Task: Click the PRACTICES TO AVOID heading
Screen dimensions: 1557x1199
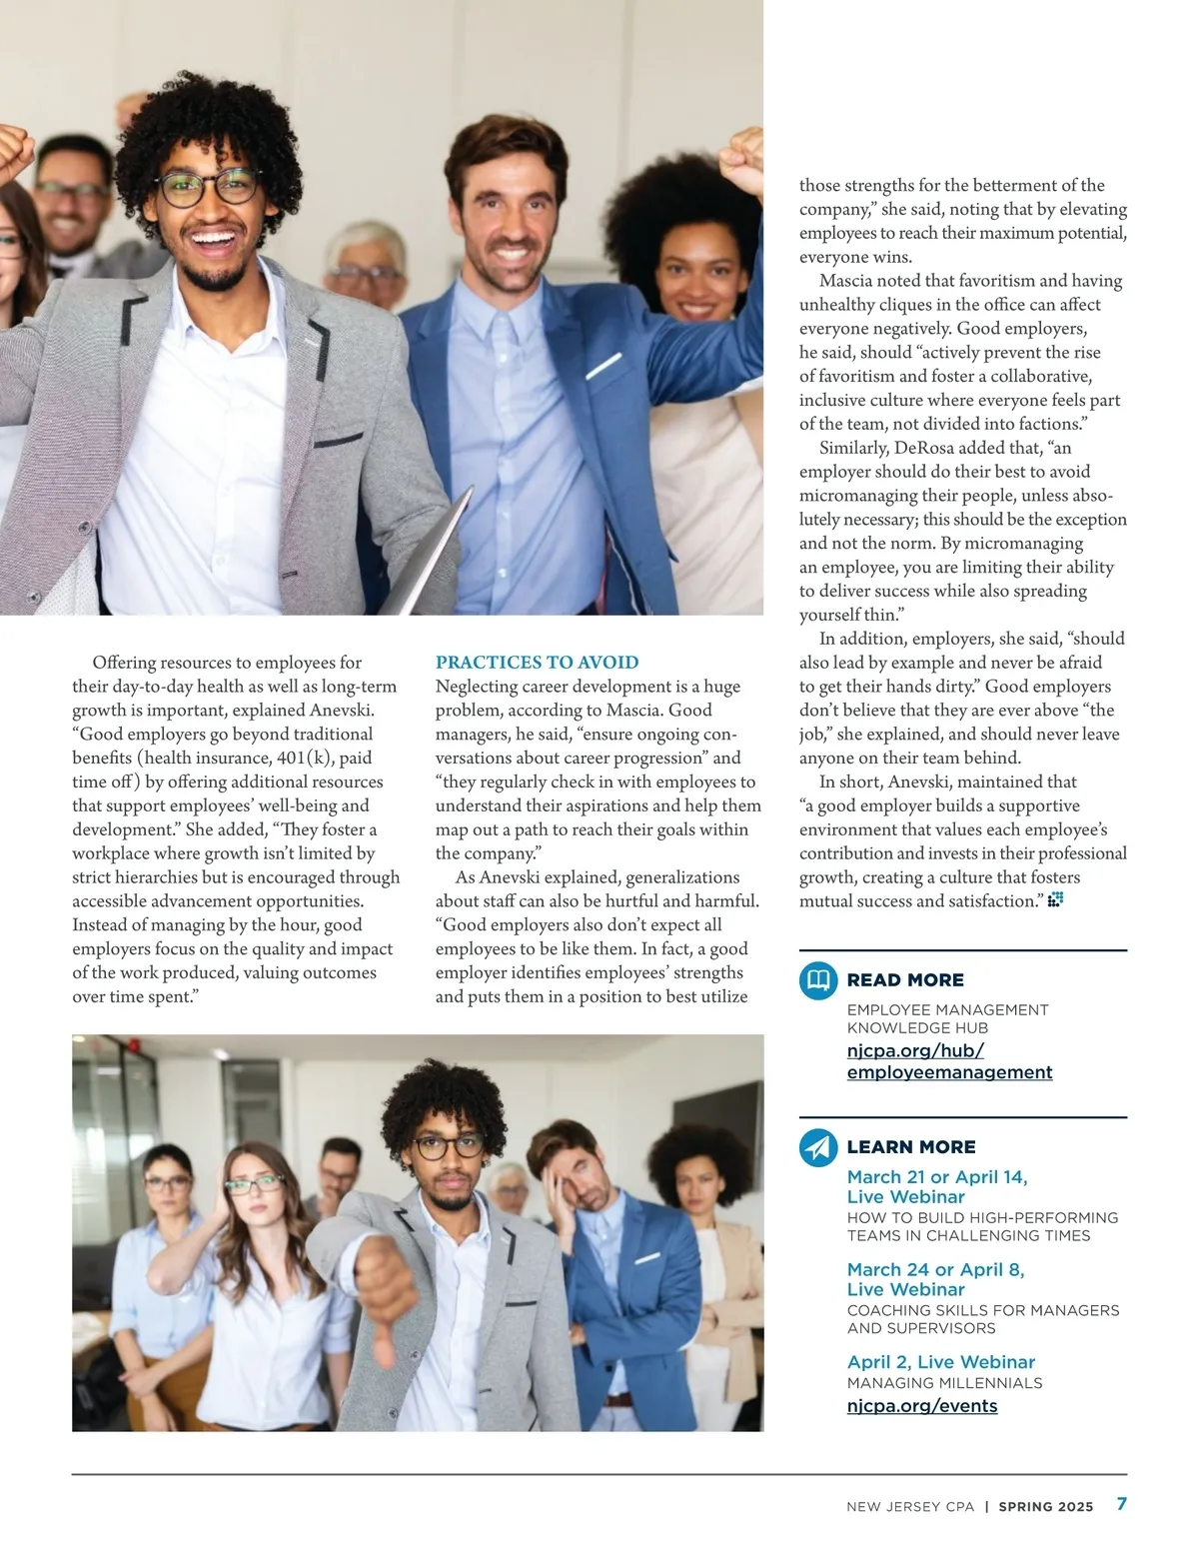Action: point(537,663)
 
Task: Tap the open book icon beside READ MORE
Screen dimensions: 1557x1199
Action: point(818,980)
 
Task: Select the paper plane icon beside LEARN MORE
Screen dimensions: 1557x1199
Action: point(818,1147)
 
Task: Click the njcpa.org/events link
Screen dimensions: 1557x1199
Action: point(921,1406)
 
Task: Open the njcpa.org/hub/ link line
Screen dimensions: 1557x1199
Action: point(915,1050)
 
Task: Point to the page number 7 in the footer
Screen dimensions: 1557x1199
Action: point(1122,1504)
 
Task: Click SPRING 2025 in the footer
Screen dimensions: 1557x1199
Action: point(1046,1507)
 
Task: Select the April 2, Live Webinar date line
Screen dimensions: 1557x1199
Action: point(926,1362)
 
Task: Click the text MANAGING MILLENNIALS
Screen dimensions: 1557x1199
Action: point(944,1384)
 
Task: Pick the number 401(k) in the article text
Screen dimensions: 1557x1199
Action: point(304,759)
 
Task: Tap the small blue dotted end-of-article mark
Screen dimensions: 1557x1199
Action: point(1055,900)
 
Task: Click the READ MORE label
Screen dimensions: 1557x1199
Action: point(905,980)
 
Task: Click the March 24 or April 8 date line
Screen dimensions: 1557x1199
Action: point(935,1270)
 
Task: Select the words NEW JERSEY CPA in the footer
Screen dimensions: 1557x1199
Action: point(909,1507)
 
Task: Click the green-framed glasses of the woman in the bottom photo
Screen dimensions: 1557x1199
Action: point(254,1185)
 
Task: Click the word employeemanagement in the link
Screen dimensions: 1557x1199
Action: point(949,1072)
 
